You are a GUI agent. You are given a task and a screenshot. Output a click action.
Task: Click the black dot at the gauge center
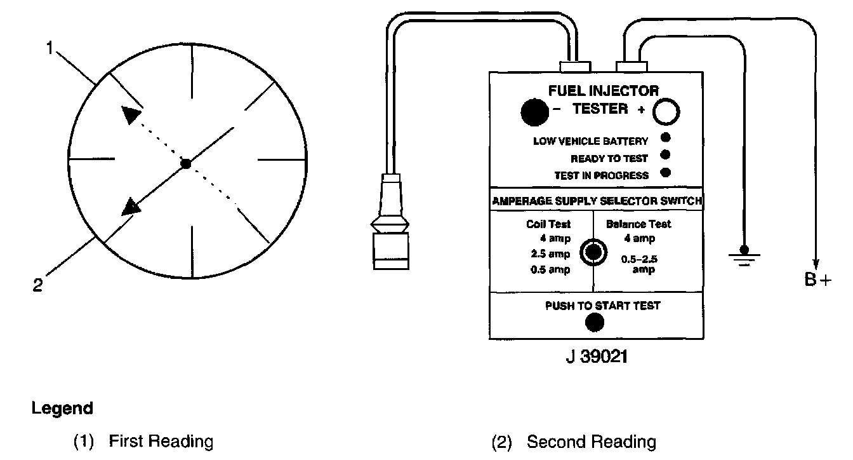(185, 163)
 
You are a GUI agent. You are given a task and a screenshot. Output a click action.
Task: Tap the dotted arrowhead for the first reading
(131, 115)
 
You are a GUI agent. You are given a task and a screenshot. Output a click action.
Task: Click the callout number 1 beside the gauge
(50, 48)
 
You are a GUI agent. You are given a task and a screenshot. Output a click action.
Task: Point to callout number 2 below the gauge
(37, 285)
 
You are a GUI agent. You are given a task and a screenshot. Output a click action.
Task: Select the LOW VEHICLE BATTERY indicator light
(665, 138)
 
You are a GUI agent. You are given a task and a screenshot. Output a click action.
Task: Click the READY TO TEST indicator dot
(665, 155)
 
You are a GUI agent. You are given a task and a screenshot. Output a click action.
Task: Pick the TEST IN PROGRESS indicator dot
(665, 172)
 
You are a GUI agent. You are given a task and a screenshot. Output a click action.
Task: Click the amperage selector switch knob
(593, 252)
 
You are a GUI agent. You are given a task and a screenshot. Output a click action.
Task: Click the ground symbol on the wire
(744, 255)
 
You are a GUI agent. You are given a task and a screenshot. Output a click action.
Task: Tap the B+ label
(817, 280)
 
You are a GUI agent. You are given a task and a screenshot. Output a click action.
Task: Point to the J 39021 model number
(596, 356)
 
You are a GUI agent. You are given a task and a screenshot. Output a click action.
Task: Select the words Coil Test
(548, 224)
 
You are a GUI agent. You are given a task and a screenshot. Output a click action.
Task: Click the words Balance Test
(638, 224)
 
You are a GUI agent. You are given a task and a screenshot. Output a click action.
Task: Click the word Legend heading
(62, 408)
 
